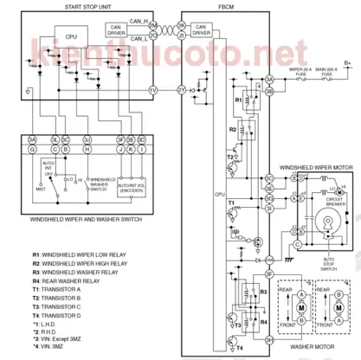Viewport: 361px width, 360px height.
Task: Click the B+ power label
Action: [347, 62]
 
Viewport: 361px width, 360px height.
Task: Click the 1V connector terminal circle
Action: [153, 90]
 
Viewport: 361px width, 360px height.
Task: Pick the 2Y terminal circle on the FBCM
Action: [181, 90]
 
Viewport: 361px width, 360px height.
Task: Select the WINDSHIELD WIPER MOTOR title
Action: [315, 165]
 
